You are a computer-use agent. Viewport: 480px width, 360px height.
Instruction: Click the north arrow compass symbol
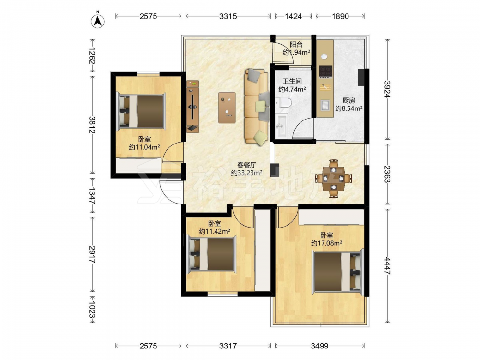click(x=97, y=21)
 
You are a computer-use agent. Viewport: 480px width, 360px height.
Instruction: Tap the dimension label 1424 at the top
click(x=293, y=16)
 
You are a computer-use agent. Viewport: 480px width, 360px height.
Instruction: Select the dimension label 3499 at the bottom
click(x=320, y=346)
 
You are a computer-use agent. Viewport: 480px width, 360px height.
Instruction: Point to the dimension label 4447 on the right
click(x=387, y=266)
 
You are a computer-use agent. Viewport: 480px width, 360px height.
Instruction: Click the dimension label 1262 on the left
click(x=92, y=55)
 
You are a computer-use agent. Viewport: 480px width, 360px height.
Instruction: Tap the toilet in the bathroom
click(x=283, y=103)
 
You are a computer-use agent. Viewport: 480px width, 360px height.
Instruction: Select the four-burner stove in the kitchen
click(x=325, y=72)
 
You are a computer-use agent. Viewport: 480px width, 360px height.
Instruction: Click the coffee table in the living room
click(x=227, y=108)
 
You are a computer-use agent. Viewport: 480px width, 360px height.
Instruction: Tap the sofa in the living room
click(x=256, y=107)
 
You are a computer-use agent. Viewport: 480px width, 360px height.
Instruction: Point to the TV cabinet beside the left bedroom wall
click(x=192, y=106)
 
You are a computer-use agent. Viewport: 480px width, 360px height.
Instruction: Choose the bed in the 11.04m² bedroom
click(x=142, y=111)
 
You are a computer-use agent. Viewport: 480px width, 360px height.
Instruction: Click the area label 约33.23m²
click(x=246, y=173)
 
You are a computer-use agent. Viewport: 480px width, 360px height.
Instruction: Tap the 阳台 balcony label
click(x=296, y=44)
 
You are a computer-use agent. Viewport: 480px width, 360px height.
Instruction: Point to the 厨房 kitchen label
click(x=348, y=100)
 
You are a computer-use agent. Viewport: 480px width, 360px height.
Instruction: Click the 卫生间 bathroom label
click(x=292, y=81)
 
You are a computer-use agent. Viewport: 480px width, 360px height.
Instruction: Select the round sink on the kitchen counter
click(x=324, y=57)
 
